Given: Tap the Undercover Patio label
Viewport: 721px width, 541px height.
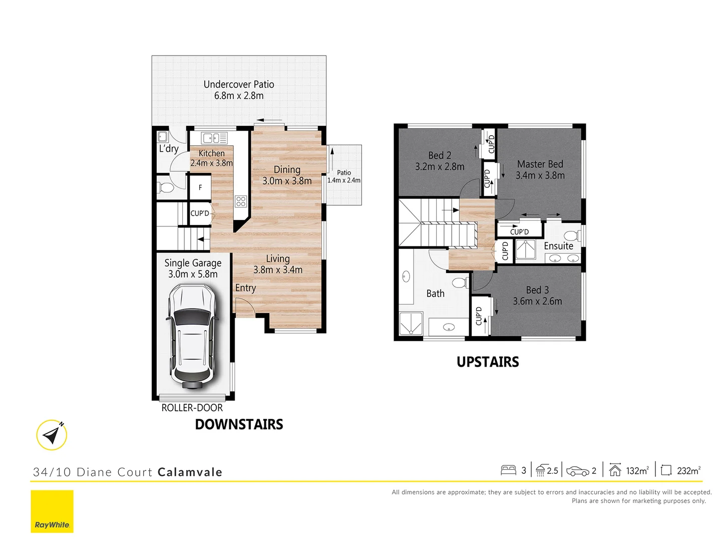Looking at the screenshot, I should tap(239, 85).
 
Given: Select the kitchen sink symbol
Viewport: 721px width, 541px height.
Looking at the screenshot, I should tap(214, 138).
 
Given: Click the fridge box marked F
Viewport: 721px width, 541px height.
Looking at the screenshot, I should tap(200, 187).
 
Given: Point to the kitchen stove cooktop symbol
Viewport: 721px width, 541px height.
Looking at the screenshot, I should tap(241, 201).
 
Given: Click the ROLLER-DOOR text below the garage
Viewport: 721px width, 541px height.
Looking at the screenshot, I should tap(192, 408).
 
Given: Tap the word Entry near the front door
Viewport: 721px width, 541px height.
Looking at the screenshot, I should tap(245, 288).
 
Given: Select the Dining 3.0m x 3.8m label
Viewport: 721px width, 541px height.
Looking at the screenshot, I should tap(287, 175).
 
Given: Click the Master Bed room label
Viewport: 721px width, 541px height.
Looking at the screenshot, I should tap(540, 164).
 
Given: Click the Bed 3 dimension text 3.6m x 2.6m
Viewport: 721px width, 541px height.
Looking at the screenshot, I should tap(537, 301).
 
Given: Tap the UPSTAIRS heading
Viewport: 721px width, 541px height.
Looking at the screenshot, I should tap(488, 362).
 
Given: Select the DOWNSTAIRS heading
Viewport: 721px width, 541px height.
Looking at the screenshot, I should tap(239, 424).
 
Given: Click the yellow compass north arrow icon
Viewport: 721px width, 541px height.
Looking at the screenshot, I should tap(52, 435).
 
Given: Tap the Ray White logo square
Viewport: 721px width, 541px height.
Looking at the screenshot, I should tap(52, 511).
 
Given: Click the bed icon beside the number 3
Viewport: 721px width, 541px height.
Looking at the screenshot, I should tap(508, 470).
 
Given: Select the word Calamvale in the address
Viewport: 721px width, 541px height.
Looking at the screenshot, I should tap(190, 472).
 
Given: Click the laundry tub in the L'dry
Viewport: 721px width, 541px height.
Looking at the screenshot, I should tap(163, 137).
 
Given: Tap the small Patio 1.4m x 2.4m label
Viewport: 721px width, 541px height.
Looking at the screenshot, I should tap(344, 176).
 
